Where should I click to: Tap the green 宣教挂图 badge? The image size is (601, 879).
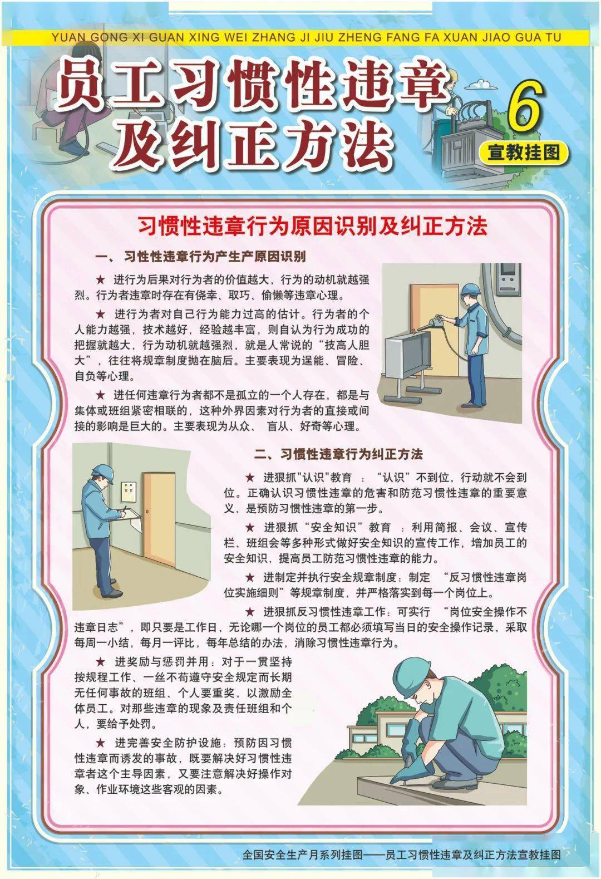click(524, 151)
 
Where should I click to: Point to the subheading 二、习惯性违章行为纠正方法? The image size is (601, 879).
click(338, 454)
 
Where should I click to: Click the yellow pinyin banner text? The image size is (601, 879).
click(306, 38)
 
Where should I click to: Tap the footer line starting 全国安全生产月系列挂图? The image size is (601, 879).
click(401, 855)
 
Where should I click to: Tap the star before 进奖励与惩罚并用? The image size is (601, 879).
click(101, 662)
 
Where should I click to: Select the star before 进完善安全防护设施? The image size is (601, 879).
click(101, 743)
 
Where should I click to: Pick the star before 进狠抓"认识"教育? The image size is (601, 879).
click(250, 478)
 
